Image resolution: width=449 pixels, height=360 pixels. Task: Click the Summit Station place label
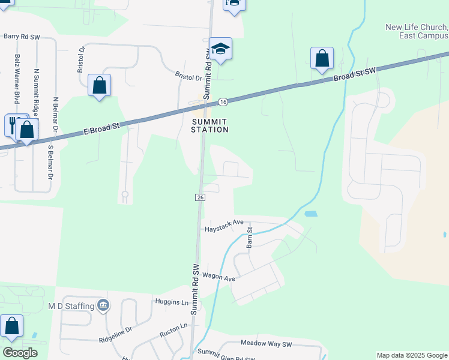pyautogui.click(x=210, y=125)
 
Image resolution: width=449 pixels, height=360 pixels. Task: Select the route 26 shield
pyautogui.click(x=199, y=197)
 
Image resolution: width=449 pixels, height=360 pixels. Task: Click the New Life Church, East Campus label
pyautogui.click(x=417, y=31)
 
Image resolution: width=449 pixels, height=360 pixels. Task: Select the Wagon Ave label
pyautogui.click(x=218, y=277)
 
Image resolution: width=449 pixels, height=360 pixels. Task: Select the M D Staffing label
pyautogui.click(x=71, y=306)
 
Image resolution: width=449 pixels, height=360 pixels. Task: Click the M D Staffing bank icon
pyautogui.click(x=104, y=305)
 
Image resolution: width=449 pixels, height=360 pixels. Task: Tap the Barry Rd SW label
pyautogui.click(x=22, y=37)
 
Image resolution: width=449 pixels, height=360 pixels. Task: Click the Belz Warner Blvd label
pyautogui.click(x=17, y=79)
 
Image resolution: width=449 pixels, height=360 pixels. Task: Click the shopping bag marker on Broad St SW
pyautogui.click(x=322, y=59)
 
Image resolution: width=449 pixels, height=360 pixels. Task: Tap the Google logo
pyautogui.click(x=20, y=353)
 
